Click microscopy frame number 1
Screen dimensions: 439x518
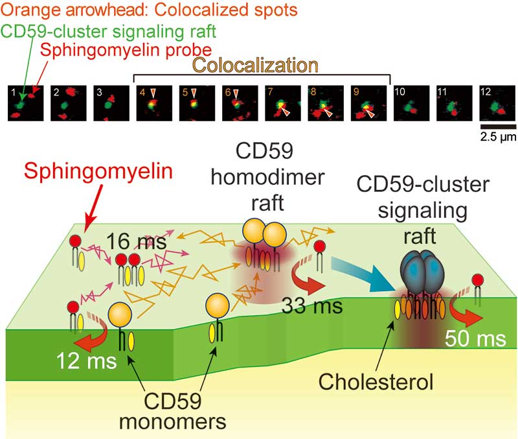point(25,103)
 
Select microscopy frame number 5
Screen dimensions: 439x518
point(197,103)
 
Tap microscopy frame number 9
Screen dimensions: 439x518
point(369,103)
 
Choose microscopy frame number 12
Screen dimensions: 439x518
point(497,103)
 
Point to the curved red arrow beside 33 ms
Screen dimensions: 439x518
point(295,279)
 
